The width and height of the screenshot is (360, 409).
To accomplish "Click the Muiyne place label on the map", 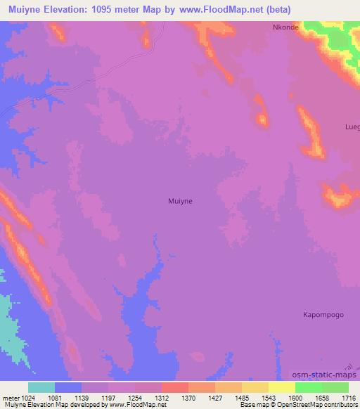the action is (181, 201).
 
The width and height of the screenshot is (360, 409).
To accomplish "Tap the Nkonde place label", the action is (286, 27).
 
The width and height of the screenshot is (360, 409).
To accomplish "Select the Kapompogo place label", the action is (323, 315).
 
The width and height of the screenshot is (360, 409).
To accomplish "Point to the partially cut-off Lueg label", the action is (352, 127).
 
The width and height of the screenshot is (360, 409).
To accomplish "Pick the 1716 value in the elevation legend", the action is (348, 398).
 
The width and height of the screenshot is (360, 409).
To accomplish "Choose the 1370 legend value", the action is (188, 398).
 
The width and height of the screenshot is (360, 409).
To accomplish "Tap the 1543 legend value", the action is (268, 398).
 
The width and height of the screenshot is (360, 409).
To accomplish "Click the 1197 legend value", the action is (108, 398).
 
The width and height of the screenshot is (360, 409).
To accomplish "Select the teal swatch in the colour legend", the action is (41, 387).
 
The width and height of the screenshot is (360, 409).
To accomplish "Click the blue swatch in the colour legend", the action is (68, 387).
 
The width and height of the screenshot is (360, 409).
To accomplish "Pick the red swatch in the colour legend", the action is (175, 387).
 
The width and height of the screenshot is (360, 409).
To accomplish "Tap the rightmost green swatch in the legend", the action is (335, 387).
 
